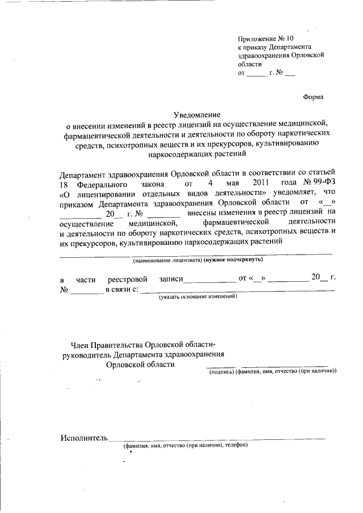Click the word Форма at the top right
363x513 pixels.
click(x=314, y=97)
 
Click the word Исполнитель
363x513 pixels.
click(x=83, y=438)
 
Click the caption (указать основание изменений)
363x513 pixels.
click(x=197, y=296)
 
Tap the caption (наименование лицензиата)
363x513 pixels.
click(x=167, y=260)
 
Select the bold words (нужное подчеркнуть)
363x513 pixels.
click(x=234, y=260)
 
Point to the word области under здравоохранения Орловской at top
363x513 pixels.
click(x=250, y=65)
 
